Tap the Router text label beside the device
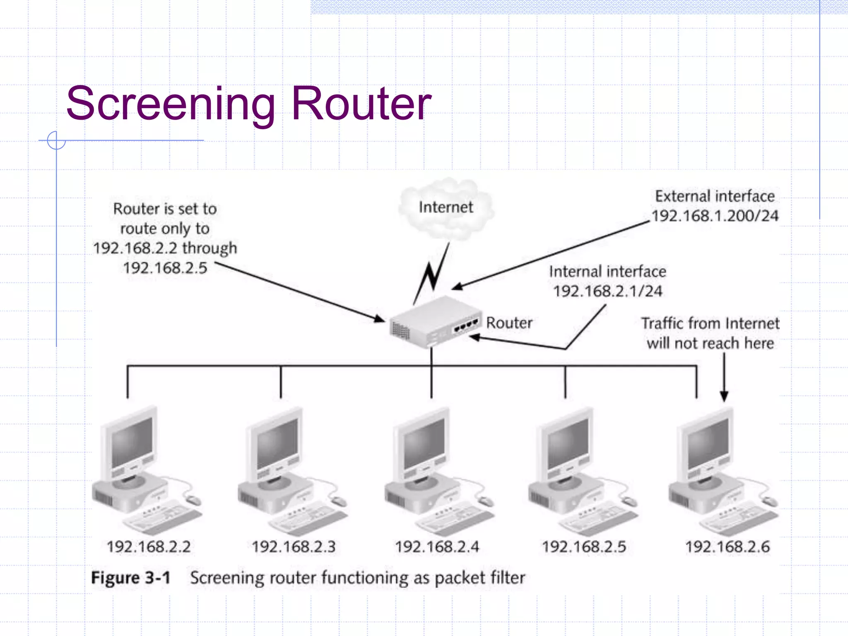pos(509,323)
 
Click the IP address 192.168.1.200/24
pos(715,216)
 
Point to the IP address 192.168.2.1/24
pos(607,291)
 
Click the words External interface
pos(715,196)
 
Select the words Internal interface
pos(607,272)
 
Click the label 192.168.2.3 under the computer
pos(294,547)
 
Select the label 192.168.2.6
pos(728,547)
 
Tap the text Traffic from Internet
pos(710,323)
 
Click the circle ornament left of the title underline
pos(56,140)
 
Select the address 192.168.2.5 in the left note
pos(165,268)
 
